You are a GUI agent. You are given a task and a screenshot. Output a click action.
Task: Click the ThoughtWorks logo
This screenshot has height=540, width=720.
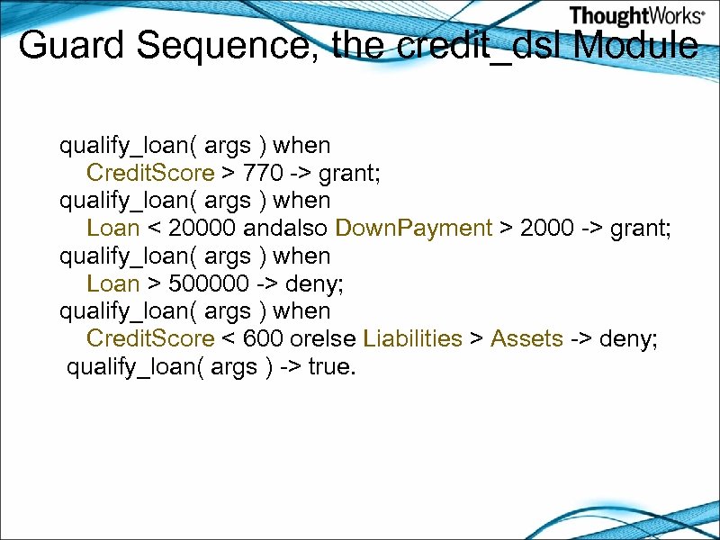tap(636, 15)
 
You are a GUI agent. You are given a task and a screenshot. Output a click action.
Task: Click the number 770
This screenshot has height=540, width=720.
tap(263, 173)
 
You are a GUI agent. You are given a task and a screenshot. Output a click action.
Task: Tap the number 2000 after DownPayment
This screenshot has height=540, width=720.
tap(546, 229)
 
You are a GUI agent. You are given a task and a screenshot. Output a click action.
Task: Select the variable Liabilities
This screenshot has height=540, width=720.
tap(412, 339)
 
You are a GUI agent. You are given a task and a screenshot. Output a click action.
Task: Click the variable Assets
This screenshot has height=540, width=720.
tap(526, 339)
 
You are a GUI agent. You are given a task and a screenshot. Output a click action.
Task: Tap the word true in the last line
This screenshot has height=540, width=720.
tap(329, 367)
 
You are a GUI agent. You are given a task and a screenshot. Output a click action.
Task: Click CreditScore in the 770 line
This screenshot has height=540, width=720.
tap(150, 173)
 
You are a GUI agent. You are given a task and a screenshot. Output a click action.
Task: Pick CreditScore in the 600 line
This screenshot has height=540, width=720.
tap(150, 339)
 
